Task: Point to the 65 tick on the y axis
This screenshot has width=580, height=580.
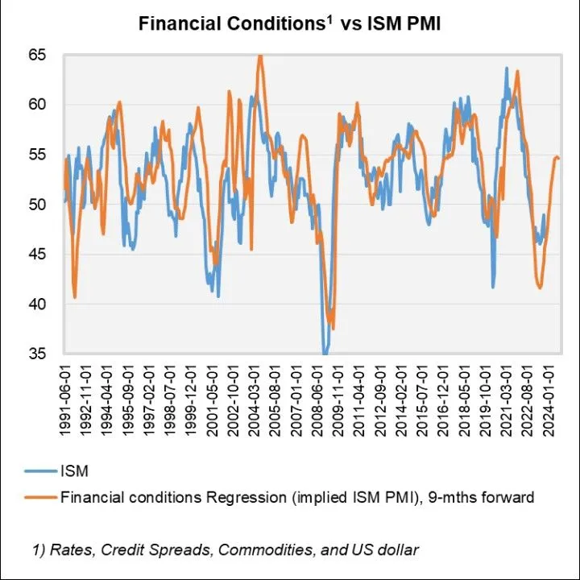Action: click(x=37, y=55)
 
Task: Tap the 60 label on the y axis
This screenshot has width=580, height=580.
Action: click(x=37, y=105)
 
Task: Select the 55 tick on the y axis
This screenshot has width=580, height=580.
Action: click(x=37, y=155)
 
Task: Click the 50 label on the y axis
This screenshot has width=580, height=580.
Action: click(x=37, y=205)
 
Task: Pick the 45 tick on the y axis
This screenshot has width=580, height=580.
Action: click(x=37, y=255)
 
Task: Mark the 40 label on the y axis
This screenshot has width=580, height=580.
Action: click(x=37, y=304)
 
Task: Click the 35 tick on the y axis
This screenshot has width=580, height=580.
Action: click(x=37, y=354)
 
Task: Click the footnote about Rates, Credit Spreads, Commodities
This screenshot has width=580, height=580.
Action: click(x=226, y=550)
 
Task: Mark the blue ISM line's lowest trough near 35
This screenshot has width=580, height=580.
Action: click(x=325, y=353)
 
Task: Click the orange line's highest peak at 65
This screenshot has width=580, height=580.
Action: click(x=259, y=56)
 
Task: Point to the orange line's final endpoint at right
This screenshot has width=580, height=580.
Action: click(x=559, y=159)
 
